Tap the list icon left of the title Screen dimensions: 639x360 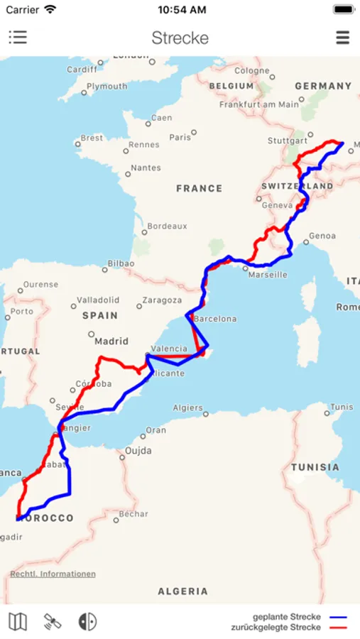[18, 38]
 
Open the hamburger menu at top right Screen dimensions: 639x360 [342, 38]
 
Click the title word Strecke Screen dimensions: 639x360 [180, 38]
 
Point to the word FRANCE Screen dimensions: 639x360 [199, 188]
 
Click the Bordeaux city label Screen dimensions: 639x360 [168, 226]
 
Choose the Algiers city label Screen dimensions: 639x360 [188, 408]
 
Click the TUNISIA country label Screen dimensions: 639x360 [315, 467]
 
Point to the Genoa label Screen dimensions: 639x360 [322, 236]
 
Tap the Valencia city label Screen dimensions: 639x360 [169, 349]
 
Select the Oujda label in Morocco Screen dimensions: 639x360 [138, 450]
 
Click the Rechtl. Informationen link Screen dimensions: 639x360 [53, 574]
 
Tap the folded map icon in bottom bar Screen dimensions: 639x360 [18, 622]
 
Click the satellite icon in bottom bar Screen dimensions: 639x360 [53, 622]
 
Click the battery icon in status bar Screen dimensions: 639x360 [343, 10]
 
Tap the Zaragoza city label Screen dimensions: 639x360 [162, 300]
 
